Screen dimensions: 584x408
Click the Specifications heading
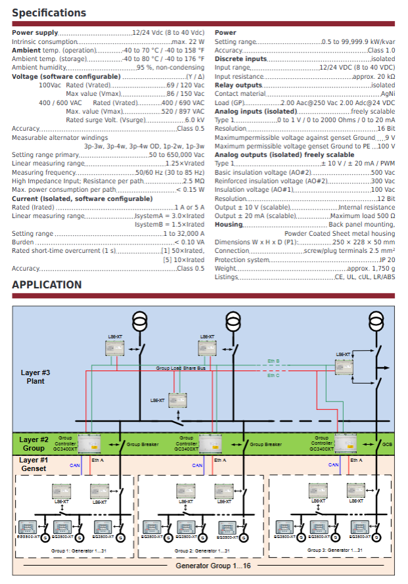coord(49,12)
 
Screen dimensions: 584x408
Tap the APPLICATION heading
coord(47,284)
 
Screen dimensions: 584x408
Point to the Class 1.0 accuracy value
coord(381,50)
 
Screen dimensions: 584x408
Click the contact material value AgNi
coord(388,94)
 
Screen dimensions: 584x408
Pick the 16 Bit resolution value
coord(386,129)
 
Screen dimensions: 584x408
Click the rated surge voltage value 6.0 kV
coord(194,120)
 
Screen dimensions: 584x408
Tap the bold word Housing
coord(229,224)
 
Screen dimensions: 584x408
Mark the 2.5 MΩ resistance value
coord(193,181)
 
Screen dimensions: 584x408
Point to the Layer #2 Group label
coord(34,444)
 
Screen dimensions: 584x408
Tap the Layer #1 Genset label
coord(34,464)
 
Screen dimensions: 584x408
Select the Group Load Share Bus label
coord(181,368)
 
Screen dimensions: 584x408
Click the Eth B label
coord(273,361)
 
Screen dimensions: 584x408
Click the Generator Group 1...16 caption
coord(204,565)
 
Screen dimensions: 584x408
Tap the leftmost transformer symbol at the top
coord(139,321)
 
